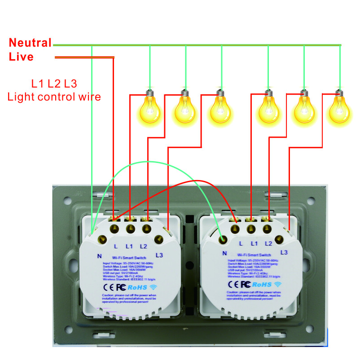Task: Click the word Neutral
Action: pos(30,43)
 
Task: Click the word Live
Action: pos(21,57)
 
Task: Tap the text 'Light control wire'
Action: pos(54,96)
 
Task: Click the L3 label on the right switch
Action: pos(284,252)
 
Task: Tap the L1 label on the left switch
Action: pos(130,246)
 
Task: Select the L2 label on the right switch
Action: pos(268,243)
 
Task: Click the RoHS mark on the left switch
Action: pos(135,286)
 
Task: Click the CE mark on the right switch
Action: pos(233,284)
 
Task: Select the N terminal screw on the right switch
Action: pos(221,239)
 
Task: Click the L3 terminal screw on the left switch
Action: pos(159,239)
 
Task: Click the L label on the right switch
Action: pos(241,243)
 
